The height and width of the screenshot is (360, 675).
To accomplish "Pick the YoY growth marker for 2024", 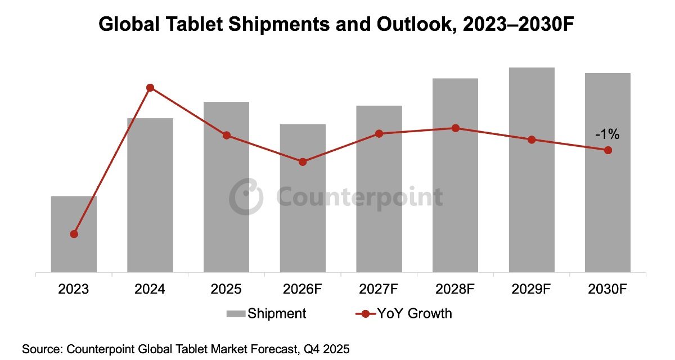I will (150, 88).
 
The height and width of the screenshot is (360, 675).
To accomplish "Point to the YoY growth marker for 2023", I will (74, 234).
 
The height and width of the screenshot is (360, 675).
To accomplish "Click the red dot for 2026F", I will (303, 162).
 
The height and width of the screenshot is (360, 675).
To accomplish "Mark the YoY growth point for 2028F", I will (456, 128).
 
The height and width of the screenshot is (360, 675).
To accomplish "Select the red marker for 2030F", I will (608, 150).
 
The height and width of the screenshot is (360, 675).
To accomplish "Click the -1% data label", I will (607, 134).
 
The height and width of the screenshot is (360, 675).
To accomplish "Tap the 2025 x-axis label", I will (226, 289).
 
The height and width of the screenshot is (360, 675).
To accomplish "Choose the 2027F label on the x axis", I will (379, 289).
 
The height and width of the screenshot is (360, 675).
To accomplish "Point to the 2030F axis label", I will (608, 289).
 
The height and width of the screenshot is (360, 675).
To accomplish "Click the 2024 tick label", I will (150, 289).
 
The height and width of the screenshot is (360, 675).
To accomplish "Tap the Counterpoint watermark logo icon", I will (246, 196).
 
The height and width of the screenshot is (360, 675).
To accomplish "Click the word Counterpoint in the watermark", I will (360, 197).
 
